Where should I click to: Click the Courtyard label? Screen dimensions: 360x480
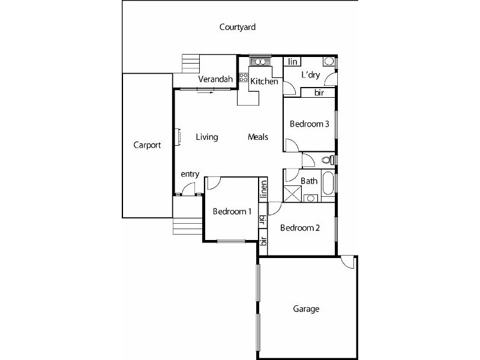point(238,27)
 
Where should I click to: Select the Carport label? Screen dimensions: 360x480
point(146,145)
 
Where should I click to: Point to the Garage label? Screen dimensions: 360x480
point(305,310)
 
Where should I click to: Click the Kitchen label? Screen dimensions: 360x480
point(264,82)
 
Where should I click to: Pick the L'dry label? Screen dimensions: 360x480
point(310,75)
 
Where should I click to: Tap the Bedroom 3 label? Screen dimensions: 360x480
point(309,124)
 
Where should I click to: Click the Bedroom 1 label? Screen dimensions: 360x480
point(232,211)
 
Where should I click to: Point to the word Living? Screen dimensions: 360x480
point(207,137)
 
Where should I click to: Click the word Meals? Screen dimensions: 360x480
point(258,137)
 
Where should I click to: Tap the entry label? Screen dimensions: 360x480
point(190,174)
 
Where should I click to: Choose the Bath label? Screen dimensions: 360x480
point(309,181)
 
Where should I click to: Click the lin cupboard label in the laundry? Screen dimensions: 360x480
point(293,62)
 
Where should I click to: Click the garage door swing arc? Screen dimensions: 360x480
point(347,263)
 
